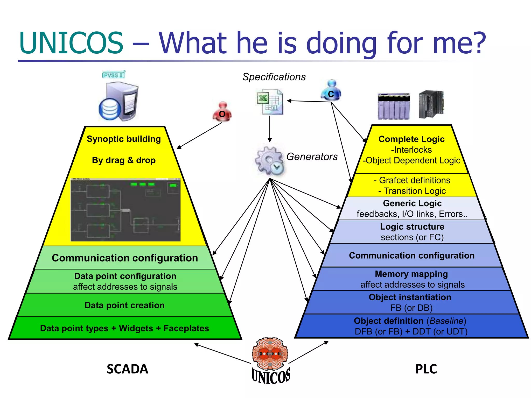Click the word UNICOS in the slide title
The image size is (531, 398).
pyautogui.click(x=71, y=43)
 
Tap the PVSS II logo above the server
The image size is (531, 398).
pyautogui.click(x=114, y=75)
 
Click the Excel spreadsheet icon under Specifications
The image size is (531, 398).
pyautogui.click(x=270, y=102)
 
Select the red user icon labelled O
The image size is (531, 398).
pyautogui.click(x=222, y=112)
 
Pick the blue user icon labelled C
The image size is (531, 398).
pyautogui.click(x=331, y=91)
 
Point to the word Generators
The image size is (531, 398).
pyautogui.click(x=312, y=157)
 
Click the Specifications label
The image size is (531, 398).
pyautogui.click(x=274, y=77)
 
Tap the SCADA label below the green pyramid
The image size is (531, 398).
pyautogui.click(x=127, y=369)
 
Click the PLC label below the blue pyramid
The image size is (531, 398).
pyautogui.click(x=426, y=369)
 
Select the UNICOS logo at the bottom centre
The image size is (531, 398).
pyautogui.click(x=270, y=360)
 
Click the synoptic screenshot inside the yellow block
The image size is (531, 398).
pyautogui.click(x=125, y=210)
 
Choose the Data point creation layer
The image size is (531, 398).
pyautogui.click(x=124, y=305)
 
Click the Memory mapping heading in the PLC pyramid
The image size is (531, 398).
pyautogui.click(x=411, y=274)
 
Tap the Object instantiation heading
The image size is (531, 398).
pyautogui.click(x=410, y=297)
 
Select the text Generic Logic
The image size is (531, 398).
pyautogui.click(x=412, y=203)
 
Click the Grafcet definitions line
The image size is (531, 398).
pyautogui.click(x=412, y=180)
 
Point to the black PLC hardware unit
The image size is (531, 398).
pyautogui.click(x=431, y=104)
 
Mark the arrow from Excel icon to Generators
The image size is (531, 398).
pyautogui.click(x=270, y=129)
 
